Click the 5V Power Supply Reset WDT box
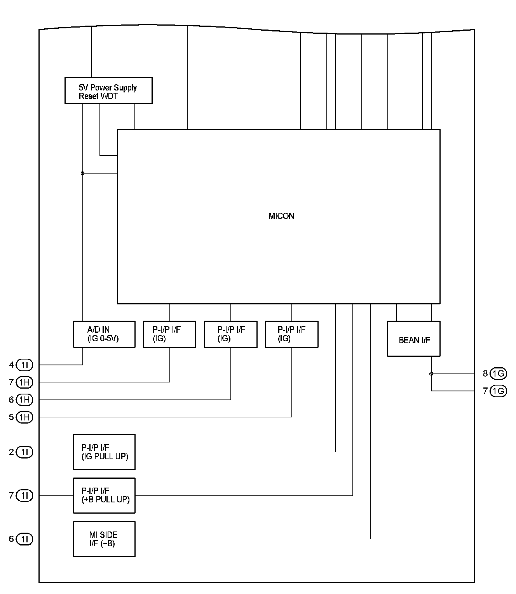pos(108,90)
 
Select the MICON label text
pos(281,216)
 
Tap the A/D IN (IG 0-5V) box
pos(104,334)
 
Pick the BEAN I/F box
pos(414,339)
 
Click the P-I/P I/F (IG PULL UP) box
pos(104,452)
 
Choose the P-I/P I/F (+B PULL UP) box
pos(104,495)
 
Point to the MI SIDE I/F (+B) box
pos(104,539)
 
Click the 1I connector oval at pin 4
pos(25,365)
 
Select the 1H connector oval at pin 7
pos(25,382)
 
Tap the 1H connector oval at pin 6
pos(25,399)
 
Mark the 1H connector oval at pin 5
pos(25,417)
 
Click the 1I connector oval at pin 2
pos(25,452)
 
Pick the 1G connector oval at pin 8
pos(498,373)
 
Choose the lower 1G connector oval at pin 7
pos(498,391)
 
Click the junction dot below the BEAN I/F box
pos(431,373)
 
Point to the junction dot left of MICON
pos(82,173)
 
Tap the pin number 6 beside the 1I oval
pos(12,539)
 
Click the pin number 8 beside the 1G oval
pos(485,373)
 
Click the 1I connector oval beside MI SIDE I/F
pos(25,539)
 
